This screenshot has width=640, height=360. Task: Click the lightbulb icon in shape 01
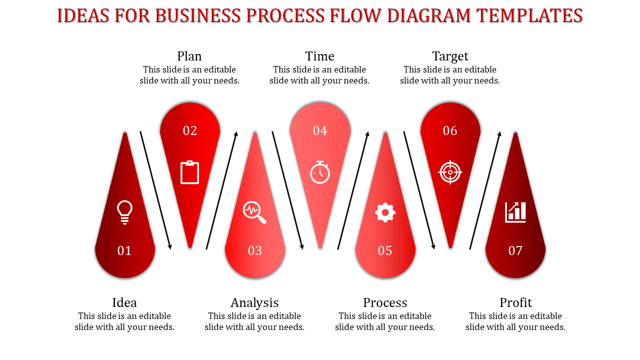pyautogui.click(x=124, y=212)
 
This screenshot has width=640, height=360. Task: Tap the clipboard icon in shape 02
pyautogui.click(x=189, y=172)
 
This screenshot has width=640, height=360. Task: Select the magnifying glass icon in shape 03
pyautogui.click(x=254, y=212)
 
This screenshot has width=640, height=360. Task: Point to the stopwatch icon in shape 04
pyautogui.click(x=320, y=172)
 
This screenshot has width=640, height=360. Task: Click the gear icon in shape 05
pyautogui.click(x=385, y=212)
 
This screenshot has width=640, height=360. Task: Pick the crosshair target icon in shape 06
pyautogui.click(x=450, y=172)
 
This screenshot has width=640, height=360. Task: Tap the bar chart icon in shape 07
pyautogui.click(x=515, y=212)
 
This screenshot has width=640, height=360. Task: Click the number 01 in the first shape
pyautogui.click(x=124, y=250)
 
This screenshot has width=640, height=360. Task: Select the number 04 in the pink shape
pyautogui.click(x=320, y=130)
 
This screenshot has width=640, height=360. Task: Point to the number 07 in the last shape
pyautogui.click(x=515, y=250)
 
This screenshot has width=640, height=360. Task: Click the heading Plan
pyautogui.click(x=189, y=56)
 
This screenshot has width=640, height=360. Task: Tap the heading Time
pyautogui.click(x=319, y=56)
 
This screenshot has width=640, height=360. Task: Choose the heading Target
pyautogui.click(x=450, y=56)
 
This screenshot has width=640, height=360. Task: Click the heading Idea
pyautogui.click(x=124, y=302)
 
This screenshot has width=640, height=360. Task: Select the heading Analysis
pyautogui.click(x=254, y=303)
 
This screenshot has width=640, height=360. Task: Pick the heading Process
pyautogui.click(x=385, y=302)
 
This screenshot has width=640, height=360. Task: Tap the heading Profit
pyautogui.click(x=515, y=302)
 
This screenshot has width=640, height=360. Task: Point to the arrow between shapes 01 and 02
pyautogui.click(x=155, y=190)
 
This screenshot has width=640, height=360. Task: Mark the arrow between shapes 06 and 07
pyautogui.click(x=485, y=190)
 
